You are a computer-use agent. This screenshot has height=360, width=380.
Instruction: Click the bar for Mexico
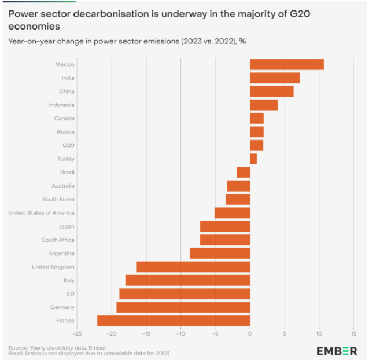pos(286,64)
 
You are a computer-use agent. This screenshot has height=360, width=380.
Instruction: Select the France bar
pos(174,321)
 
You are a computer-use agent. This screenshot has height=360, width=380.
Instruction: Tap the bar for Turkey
pos(253,159)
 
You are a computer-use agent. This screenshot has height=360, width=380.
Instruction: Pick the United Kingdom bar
pos(193,267)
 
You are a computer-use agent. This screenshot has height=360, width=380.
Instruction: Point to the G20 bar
pos(256,145)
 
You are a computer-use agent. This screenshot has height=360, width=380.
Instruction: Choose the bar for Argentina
pos(220,253)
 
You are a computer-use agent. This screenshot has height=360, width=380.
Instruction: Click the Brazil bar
pos(244,172)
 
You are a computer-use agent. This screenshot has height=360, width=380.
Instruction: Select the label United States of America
pos(41,212)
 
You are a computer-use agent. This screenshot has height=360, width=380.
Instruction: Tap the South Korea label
pos(58,199)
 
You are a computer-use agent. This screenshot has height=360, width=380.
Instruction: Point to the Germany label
pos(62,307)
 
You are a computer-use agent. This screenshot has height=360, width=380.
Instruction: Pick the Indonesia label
pos(61,105)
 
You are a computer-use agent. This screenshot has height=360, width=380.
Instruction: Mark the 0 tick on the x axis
pos(250,333)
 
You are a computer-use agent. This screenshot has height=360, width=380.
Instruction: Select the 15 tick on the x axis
pos(353,333)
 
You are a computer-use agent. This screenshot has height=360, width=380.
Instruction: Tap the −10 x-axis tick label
pos(180,333)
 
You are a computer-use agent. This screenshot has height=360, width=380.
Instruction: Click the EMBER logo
pos(337,351)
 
